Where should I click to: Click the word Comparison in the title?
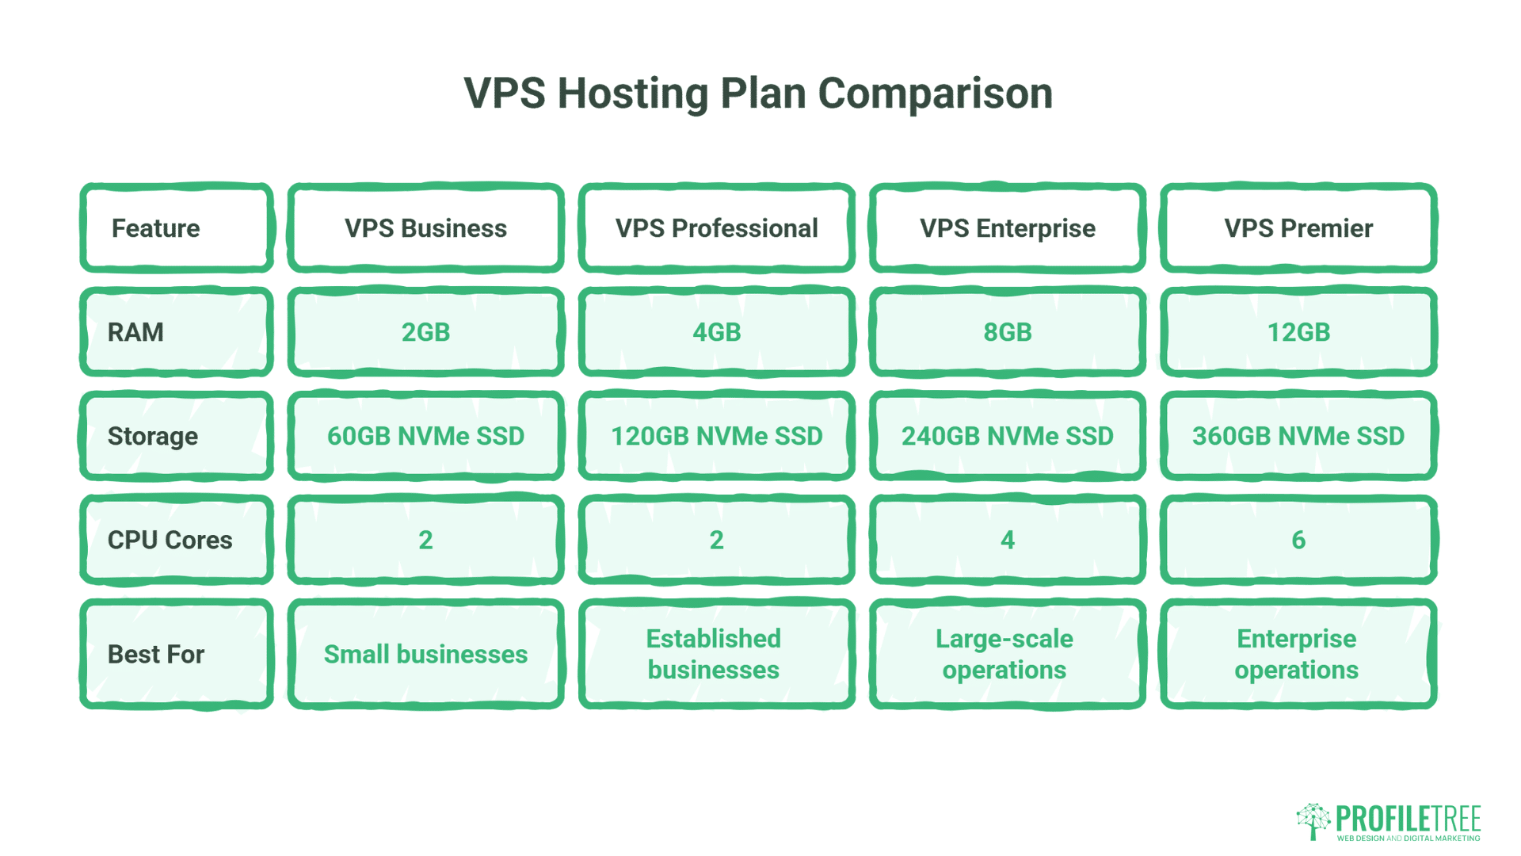935,94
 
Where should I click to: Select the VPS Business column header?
425,228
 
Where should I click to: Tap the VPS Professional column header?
716,228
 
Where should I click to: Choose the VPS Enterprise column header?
1007,228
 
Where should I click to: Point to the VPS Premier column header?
1298,228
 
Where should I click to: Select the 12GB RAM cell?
1298,332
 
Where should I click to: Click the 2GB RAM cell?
425,332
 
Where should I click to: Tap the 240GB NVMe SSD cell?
1007,436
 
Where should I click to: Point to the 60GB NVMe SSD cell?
425,436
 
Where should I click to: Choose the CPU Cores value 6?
1298,540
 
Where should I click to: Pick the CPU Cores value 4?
1007,540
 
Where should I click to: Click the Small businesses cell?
425,654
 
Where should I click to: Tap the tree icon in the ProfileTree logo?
1313,820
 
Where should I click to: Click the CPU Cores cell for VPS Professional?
716,540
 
